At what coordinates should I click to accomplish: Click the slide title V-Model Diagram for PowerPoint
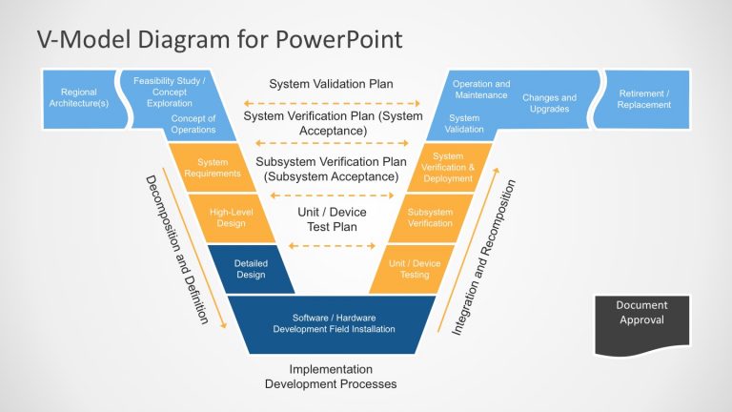219,39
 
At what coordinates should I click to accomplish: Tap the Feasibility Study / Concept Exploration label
169,92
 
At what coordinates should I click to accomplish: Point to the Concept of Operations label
193,124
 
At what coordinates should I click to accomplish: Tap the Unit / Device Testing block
415,268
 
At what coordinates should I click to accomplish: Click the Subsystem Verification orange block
430,217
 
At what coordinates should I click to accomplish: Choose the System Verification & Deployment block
447,168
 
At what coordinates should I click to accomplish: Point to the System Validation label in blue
465,124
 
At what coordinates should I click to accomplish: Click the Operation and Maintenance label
480,91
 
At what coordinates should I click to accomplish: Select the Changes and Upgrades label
549,103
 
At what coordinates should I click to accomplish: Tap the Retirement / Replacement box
643,98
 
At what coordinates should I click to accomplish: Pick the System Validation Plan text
331,84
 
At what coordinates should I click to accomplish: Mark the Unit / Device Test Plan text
333,219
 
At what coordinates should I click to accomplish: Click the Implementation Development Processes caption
330,376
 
